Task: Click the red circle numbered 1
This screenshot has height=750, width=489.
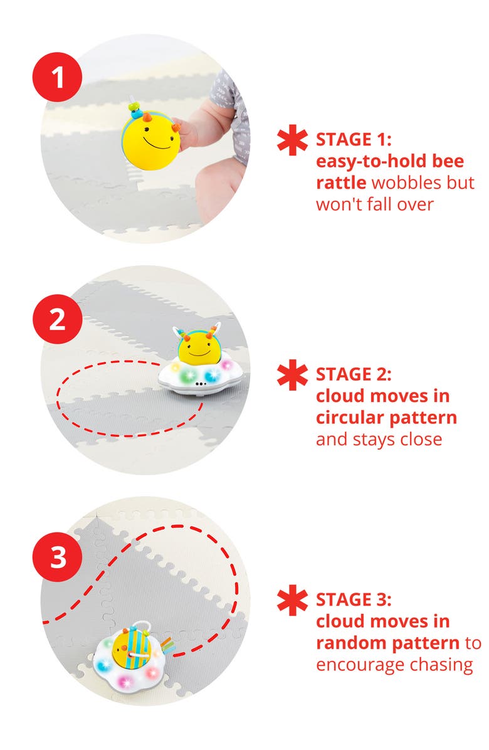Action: click(x=57, y=77)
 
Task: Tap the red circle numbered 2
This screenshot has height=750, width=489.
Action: click(x=57, y=319)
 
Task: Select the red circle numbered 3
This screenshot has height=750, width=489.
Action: click(x=57, y=557)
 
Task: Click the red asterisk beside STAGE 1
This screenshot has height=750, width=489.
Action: click(x=293, y=140)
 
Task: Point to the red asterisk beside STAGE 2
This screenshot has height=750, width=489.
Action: click(x=293, y=375)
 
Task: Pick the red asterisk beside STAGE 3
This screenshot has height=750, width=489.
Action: click(x=293, y=599)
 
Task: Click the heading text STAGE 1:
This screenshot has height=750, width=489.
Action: click(x=354, y=140)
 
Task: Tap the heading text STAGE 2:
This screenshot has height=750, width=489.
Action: click(x=354, y=374)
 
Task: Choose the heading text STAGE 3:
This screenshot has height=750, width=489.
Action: click(x=354, y=599)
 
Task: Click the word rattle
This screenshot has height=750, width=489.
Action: click(x=341, y=182)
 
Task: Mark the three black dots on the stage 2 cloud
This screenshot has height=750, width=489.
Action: click(x=200, y=384)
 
